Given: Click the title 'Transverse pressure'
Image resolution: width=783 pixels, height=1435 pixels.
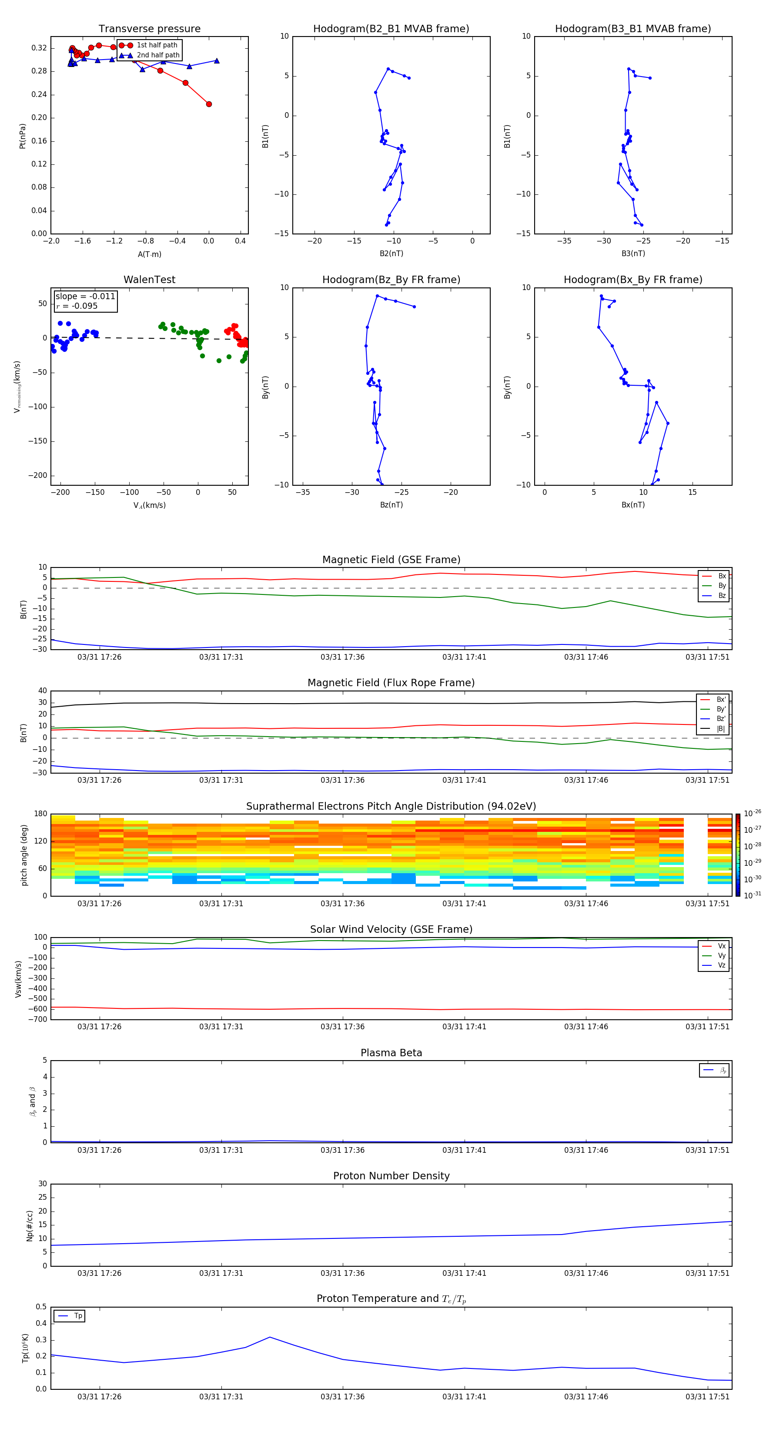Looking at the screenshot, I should pos(149,29).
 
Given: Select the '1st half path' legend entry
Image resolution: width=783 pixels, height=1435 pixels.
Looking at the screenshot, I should pos(157,45).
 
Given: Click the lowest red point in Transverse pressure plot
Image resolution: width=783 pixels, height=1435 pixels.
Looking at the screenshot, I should pos(209,104).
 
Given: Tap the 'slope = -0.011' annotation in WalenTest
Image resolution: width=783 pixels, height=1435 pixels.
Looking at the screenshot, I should pos(85,297).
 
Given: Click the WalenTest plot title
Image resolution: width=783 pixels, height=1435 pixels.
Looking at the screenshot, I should pos(149,280).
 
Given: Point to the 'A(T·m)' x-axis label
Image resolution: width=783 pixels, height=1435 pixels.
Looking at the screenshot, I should pos(149,254).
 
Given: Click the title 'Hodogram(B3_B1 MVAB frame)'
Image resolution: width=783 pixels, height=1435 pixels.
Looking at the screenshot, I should pos(632,29).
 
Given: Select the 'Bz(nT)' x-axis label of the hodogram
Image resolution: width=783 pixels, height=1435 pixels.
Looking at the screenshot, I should pos(391,505).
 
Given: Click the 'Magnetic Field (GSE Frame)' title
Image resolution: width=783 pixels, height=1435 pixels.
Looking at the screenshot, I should pos(391,560).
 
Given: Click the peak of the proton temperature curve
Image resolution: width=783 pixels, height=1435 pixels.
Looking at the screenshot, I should pos(270,1337).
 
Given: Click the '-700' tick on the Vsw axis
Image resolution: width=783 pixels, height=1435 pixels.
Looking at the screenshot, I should pos(38,1019).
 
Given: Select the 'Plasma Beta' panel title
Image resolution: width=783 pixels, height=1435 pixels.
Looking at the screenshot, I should pos(391,1053).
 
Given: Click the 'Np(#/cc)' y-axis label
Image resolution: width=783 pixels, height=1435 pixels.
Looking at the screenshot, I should pos(30,1225).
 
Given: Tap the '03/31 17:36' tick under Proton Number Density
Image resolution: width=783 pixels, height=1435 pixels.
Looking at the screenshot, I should pos(342,1273).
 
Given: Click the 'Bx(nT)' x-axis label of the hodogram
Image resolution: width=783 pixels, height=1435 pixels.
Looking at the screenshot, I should pos(632,505).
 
